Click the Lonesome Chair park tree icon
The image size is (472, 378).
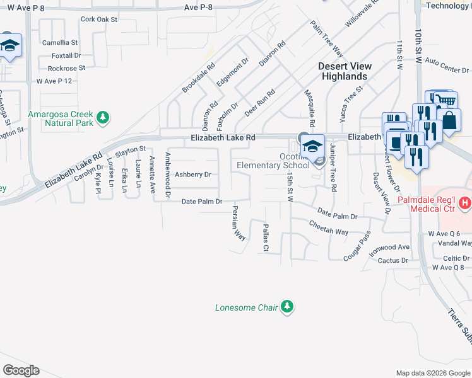point(288,307)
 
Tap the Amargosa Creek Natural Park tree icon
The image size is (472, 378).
point(102,117)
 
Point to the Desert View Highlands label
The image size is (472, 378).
point(344,71)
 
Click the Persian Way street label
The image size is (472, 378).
point(239,222)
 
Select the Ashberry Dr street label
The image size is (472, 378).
point(192,175)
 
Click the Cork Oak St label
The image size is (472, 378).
point(99,20)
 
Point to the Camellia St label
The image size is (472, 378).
point(59,43)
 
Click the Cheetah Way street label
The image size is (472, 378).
point(328,227)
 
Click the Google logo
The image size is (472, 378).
point(20,370)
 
